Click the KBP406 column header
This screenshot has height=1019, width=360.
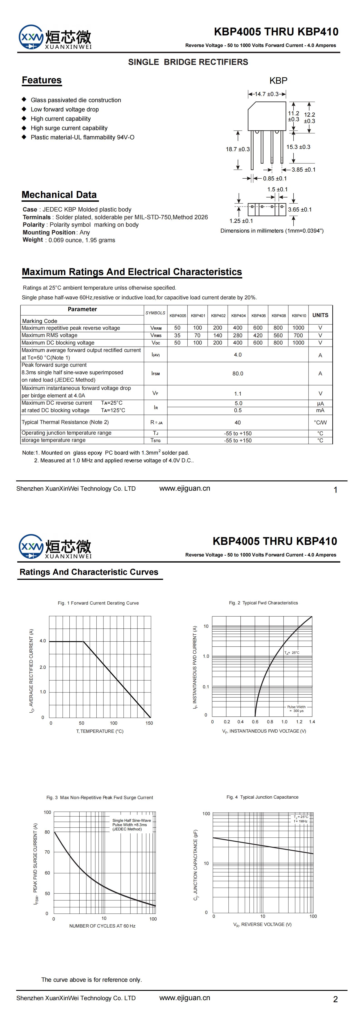(258, 316)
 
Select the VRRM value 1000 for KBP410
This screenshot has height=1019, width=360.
(298, 328)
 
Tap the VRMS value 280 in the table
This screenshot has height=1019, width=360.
(238, 335)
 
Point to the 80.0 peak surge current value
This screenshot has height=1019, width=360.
(238, 373)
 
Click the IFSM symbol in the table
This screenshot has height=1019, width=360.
(155, 373)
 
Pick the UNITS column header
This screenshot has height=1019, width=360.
(320, 315)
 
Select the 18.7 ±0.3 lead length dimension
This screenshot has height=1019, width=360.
(238, 149)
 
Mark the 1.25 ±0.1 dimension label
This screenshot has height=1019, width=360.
(241, 221)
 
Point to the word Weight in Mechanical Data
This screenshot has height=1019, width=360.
(33, 240)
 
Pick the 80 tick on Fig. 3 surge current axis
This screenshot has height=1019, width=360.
(47, 832)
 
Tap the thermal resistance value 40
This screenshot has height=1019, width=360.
(238, 423)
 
